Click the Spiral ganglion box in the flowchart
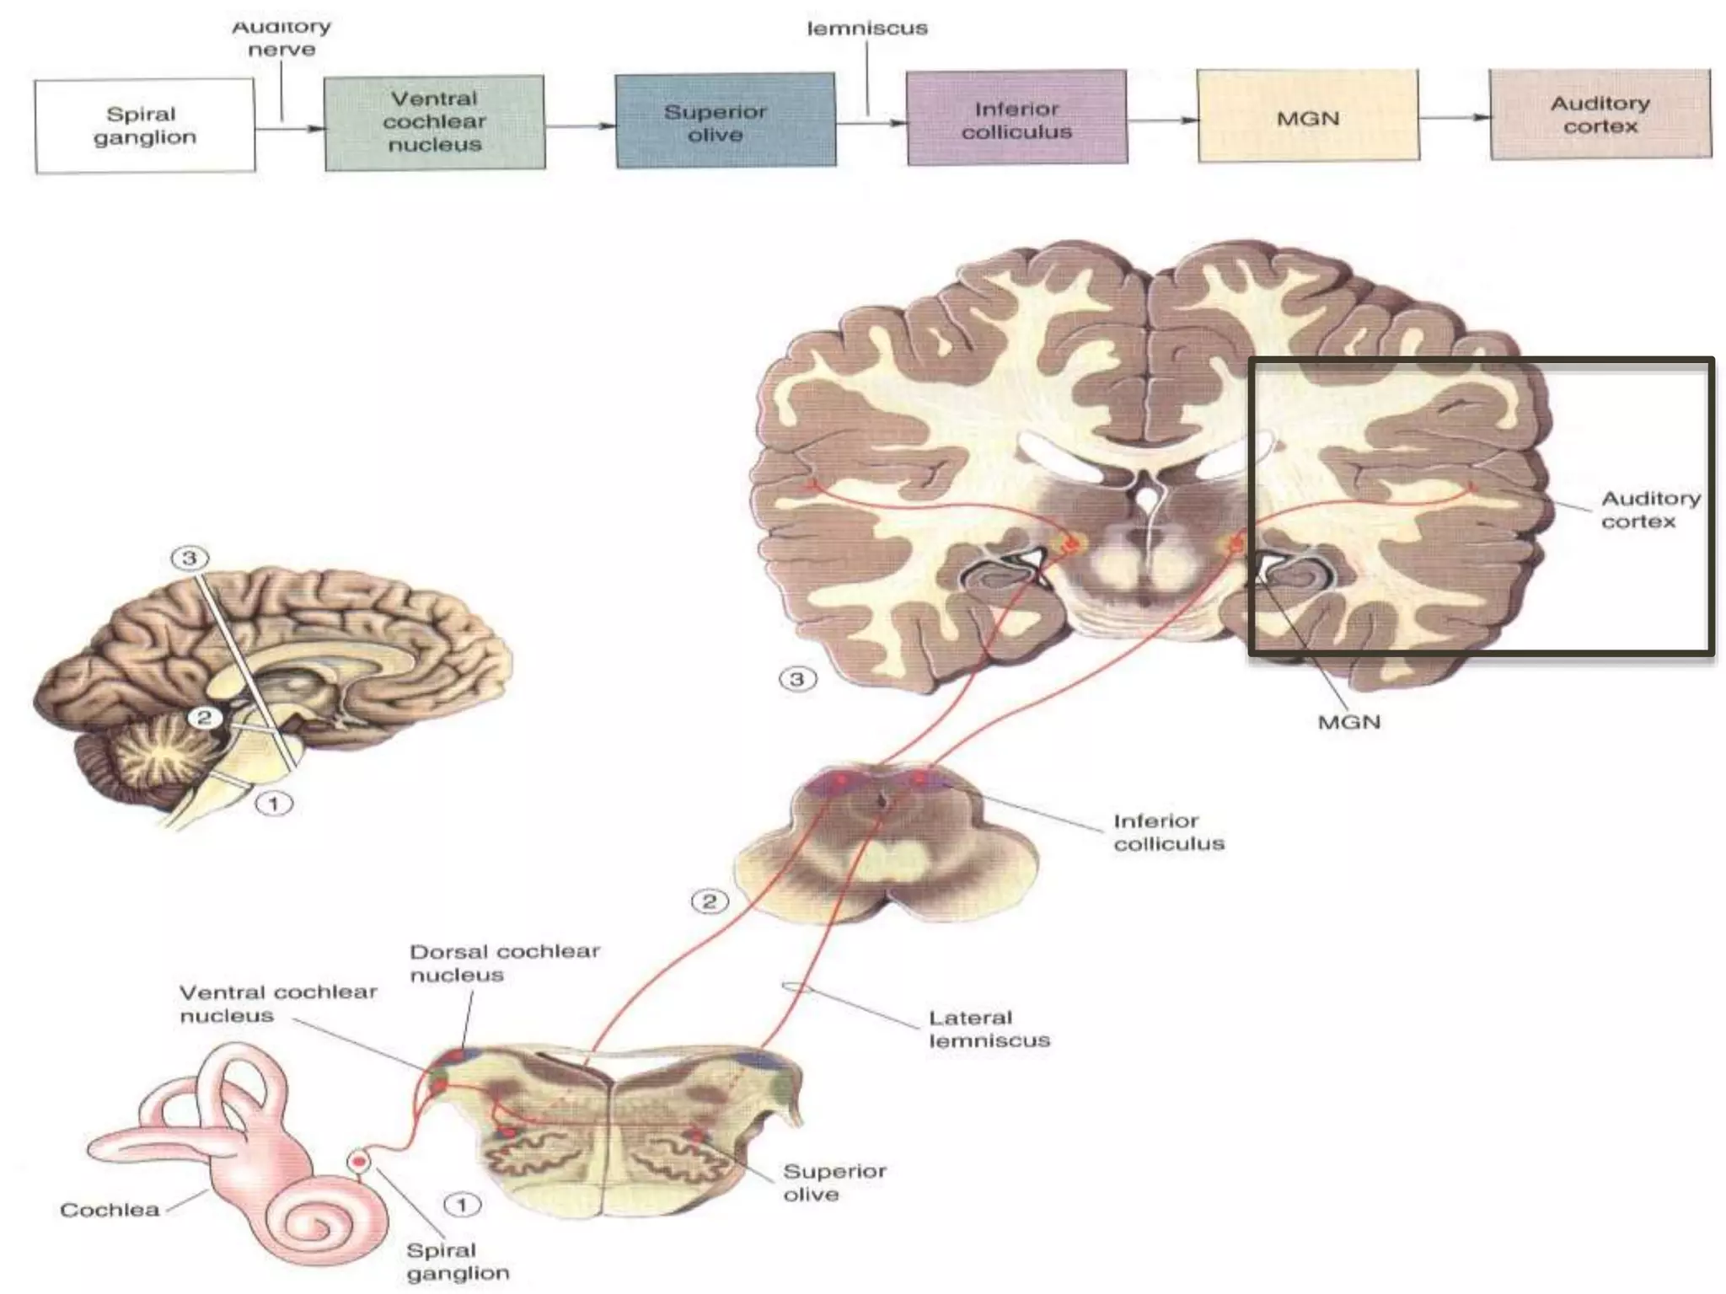(x=144, y=126)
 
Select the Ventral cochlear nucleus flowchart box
(x=434, y=122)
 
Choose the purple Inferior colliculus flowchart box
(x=1016, y=118)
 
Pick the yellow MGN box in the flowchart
(x=1307, y=116)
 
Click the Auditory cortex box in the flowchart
(x=1600, y=115)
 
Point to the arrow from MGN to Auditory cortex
(x=1454, y=117)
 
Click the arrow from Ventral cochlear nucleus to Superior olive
(x=580, y=126)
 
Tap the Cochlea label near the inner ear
(x=110, y=1210)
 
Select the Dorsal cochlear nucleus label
(x=504, y=963)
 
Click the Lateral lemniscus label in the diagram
(x=989, y=1029)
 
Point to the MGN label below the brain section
(x=1348, y=722)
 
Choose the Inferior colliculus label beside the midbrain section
(x=1168, y=831)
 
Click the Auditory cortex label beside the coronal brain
(x=1650, y=510)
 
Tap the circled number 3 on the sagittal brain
(x=189, y=558)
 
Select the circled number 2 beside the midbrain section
(x=709, y=901)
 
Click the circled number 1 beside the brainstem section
(x=461, y=1205)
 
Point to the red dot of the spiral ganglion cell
(x=360, y=1162)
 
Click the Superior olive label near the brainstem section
(x=834, y=1183)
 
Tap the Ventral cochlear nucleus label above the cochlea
(x=277, y=1003)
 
